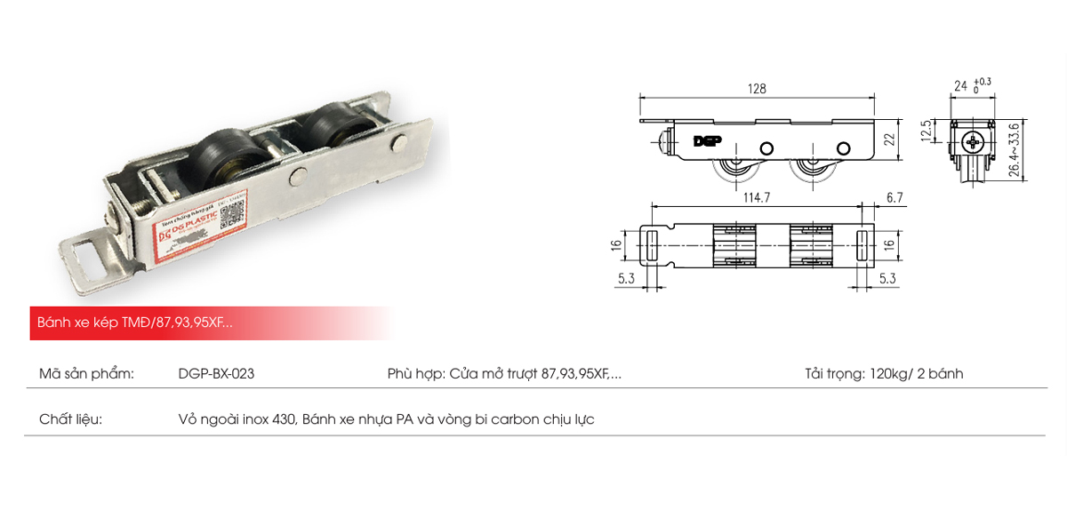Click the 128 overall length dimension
click(x=757, y=89)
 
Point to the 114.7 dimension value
click(x=756, y=197)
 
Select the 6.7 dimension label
click(x=895, y=197)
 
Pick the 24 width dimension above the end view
click(x=960, y=86)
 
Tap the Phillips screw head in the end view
click(x=976, y=140)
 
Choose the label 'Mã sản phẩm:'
click(x=86, y=374)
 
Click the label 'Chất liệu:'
click(x=71, y=418)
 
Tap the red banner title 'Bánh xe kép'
click(x=76, y=323)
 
